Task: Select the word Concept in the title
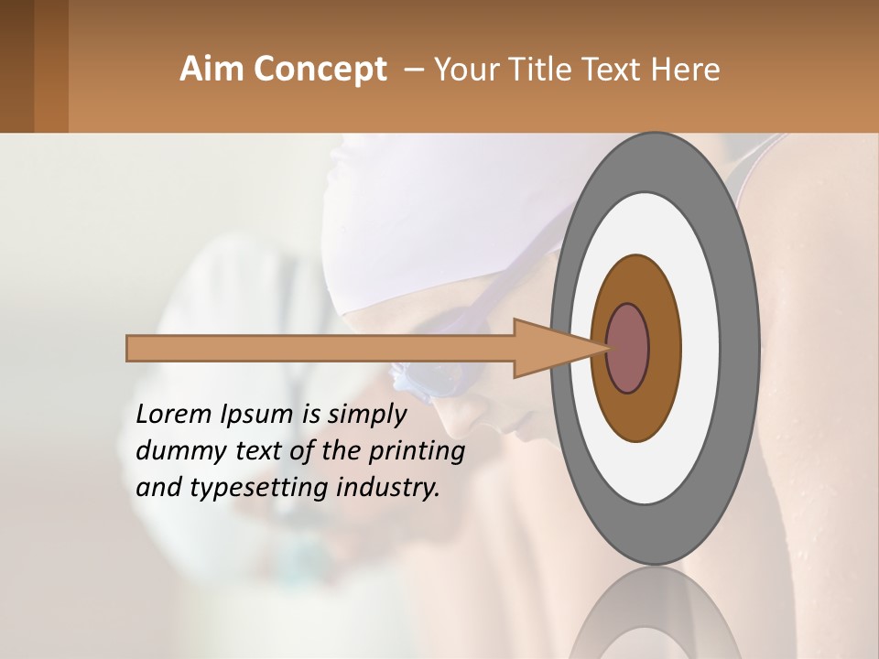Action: [320, 70]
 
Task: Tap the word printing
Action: [417, 452]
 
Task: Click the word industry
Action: [388, 488]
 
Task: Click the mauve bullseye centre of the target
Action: [627, 349]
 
